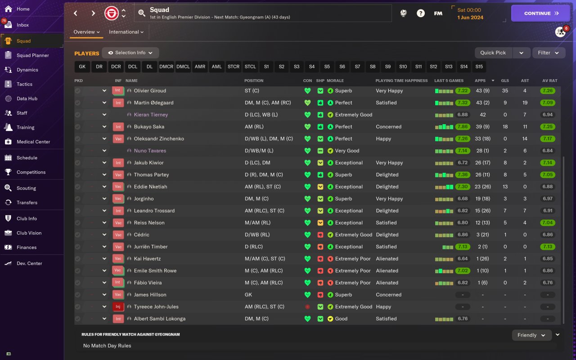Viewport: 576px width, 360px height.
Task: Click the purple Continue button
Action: click(540, 13)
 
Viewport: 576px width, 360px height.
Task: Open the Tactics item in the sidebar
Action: click(24, 84)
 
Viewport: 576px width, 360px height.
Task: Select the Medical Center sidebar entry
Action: click(33, 142)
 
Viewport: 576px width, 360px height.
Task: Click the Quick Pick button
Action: click(493, 53)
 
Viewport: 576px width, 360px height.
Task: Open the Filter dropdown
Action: click(549, 53)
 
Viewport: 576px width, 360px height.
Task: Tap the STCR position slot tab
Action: click(234, 67)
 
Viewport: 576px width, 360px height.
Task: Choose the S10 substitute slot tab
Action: click(403, 67)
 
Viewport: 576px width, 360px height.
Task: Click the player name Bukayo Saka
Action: click(148, 127)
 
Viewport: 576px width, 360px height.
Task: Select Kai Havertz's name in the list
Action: click(147, 259)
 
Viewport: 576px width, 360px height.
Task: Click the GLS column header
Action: click(505, 81)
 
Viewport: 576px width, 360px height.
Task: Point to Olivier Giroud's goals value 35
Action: click(505, 91)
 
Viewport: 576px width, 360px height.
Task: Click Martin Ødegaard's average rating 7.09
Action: click(548, 103)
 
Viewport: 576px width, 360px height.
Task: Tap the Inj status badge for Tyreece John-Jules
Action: click(118, 307)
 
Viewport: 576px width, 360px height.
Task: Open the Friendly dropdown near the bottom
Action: click(532, 335)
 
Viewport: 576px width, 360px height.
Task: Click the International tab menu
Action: click(126, 32)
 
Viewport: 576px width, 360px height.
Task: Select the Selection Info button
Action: click(130, 53)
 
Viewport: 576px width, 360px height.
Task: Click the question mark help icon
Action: click(421, 13)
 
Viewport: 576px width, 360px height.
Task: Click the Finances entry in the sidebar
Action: click(27, 247)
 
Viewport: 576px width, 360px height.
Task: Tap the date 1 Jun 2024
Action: click(470, 18)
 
